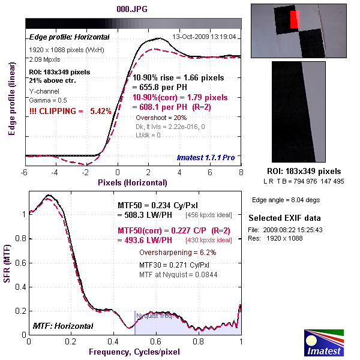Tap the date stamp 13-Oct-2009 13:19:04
(204, 37)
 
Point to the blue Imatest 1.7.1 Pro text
(205, 157)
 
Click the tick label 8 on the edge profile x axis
(241, 173)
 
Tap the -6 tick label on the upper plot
(25, 173)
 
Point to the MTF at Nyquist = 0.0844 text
(178, 275)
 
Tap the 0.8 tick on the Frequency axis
(199, 342)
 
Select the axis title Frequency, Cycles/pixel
(134, 352)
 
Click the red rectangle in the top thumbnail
(294, 20)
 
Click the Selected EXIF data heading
(284, 217)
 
